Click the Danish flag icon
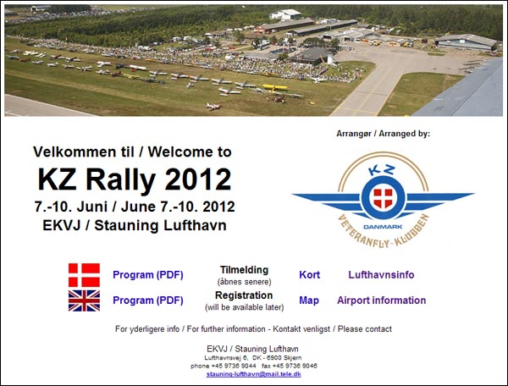point(84,275)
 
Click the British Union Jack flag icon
point(84,301)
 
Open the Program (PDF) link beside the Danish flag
point(148,275)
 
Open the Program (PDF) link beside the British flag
point(148,301)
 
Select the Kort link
point(309,274)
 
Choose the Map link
point(309,301)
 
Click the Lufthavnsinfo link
point(381,274)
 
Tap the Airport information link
point(381,301)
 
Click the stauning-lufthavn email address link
point(254,374)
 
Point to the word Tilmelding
point(245,270)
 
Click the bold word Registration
point(244,295)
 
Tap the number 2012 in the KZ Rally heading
point(198,179)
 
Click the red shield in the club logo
point(383,198)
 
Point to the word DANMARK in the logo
point(383,227)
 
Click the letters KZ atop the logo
point(383,170)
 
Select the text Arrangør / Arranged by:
point(383,134)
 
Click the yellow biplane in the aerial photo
point(275,87)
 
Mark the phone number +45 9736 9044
point(234,366)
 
